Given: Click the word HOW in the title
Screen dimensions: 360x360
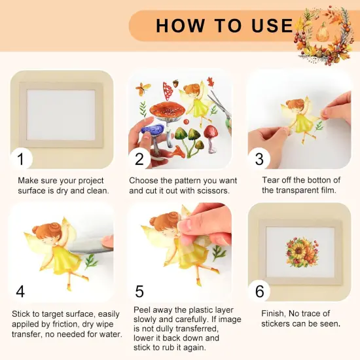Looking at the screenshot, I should [x=179, y=26].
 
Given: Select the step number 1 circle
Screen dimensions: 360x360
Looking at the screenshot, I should [x=21, y=159].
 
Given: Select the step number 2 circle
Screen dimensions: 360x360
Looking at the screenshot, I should [x=139, y=159].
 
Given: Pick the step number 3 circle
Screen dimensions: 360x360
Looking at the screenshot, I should [x=259, y=159].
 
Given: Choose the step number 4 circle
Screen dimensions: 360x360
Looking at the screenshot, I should [x=21, y=291].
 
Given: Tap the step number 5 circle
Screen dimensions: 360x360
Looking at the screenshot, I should [x=139, y=291].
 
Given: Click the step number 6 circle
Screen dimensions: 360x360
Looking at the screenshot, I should [x=259, y=291].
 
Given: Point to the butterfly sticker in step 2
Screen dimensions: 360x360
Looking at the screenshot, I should [x=143, y=88].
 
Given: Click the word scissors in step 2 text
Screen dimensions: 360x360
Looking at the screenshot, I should [x=211, y=191].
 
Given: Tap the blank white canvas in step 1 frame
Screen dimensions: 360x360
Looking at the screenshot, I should [x=60, y=114].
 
